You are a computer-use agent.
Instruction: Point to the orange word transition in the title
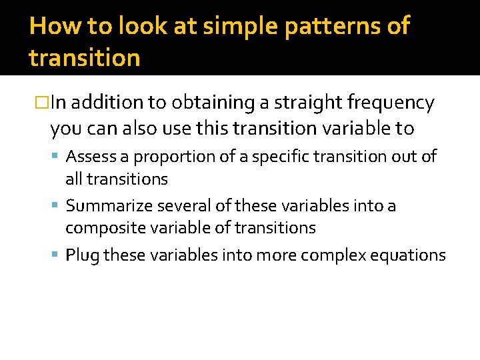(85, 58)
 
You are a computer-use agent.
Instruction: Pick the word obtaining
(217, 103)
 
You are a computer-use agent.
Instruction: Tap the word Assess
(91, 157)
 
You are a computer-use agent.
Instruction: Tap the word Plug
(82, 255)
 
